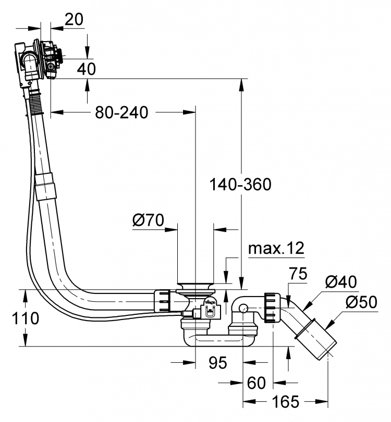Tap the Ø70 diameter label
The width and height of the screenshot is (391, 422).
pyautogui.click(x=148, y=221)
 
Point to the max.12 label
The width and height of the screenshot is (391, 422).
pyautogui.click(x=276, y=248)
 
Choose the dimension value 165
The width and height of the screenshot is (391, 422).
pyautogui.click(x=286, y=402)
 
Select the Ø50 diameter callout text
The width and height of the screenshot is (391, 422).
pyautogui.click(x=361, y=302)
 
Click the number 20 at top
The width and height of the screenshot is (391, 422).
pyautogui.click(x=74, y=19)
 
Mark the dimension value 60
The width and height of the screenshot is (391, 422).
pyautogui.click(x=256, y=383)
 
